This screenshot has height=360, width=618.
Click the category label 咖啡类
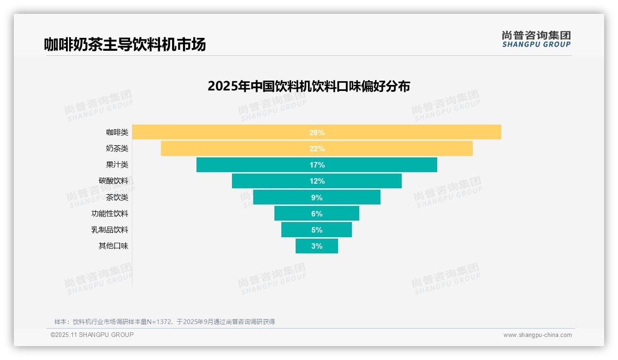click(117, 132)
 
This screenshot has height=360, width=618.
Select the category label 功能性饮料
click(110, 214)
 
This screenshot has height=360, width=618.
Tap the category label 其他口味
click(113, 246)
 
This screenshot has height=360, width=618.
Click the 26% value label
click(317, 132)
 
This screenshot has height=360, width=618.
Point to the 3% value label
click(317, 246)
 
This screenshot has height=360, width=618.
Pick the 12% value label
click(317, 181)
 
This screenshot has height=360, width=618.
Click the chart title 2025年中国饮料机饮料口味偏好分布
click(309, 86)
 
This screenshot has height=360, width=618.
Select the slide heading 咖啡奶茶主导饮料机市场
click(125, 44)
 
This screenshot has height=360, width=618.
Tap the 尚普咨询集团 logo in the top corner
click(536, 39)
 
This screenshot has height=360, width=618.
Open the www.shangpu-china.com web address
click(537, 335)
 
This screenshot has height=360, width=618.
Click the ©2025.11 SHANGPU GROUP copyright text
click(92, 335)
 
